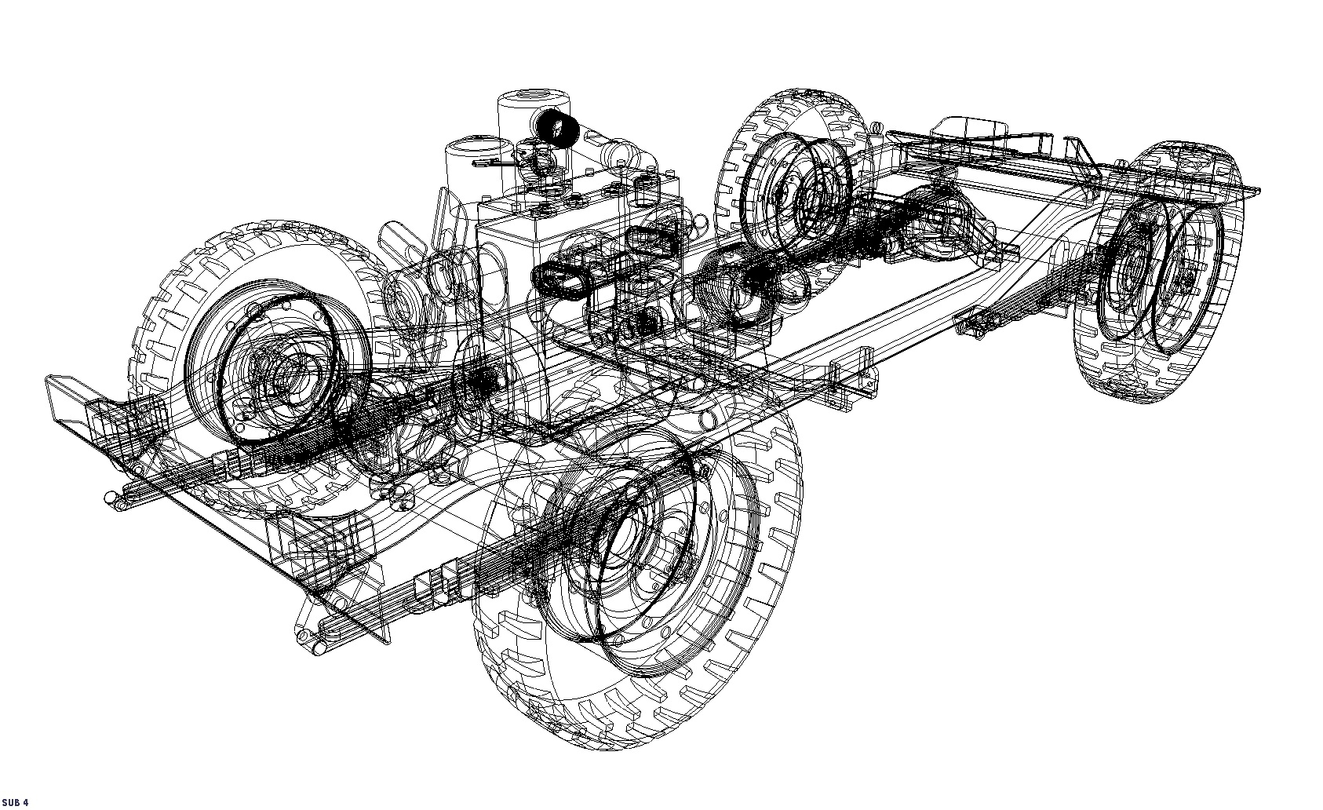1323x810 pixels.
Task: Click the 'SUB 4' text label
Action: [16, 802]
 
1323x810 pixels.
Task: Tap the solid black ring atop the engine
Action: [558, 129]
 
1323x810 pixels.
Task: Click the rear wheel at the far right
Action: [1154, 275]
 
